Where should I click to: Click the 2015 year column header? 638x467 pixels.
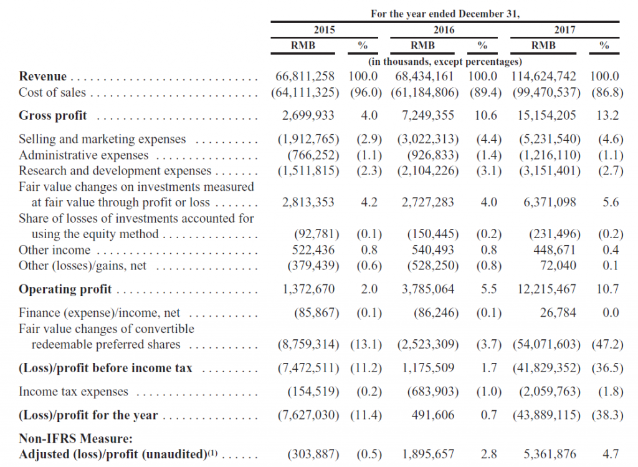(324, 29)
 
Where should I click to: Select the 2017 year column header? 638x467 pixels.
(564, 29)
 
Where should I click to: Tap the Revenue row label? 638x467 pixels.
(42, 77)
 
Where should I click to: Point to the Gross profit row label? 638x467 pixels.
(53, 115)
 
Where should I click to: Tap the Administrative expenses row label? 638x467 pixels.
(83, 155)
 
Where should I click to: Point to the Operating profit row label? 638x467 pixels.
(65, 289)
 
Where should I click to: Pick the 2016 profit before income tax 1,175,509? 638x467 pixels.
(428, 368)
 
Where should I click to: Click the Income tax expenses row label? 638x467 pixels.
(74, 392)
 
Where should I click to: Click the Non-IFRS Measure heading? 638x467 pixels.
(72, 439)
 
